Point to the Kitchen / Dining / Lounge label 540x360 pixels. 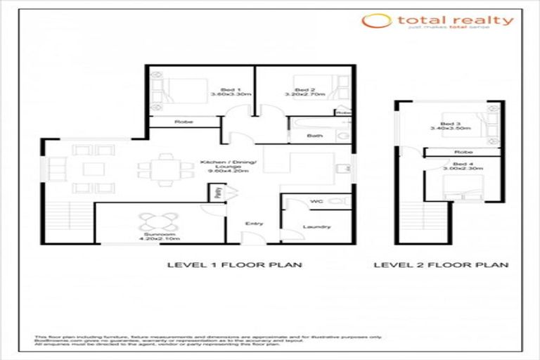point(220,166)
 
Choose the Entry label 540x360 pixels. point(253,224)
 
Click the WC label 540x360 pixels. point(316,202)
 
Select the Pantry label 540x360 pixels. point(219,191)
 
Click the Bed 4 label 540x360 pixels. point(461,167)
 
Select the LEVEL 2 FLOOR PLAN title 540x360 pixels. point(440,265)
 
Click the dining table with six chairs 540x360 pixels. point(165,169)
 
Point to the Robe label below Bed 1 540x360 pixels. point(184,122)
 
